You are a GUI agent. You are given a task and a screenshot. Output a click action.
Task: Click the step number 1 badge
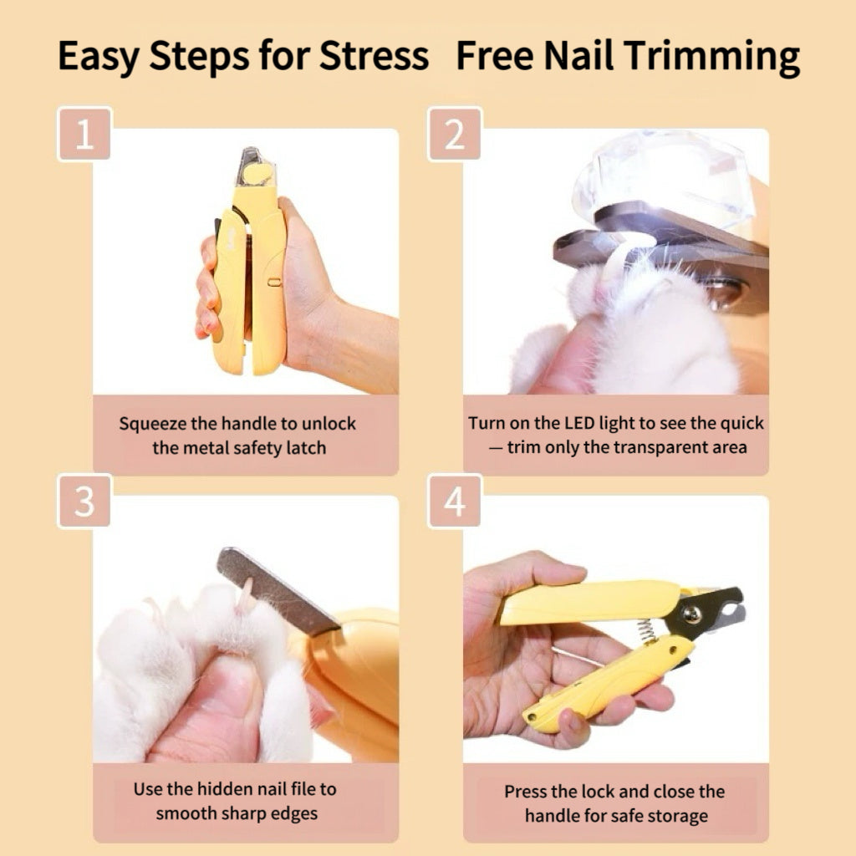tap(84, 134)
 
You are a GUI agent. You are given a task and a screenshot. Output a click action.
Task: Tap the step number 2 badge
tap(455, 134)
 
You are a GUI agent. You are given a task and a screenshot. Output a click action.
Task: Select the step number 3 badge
tap(84, 502)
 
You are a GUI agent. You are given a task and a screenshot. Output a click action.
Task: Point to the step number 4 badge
tap(455, 502)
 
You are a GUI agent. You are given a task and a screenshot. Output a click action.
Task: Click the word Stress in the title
tap(374, 55)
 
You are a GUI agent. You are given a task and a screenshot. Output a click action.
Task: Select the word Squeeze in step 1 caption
tap(153, 424)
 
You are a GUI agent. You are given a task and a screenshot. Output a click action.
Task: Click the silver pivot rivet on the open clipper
tap(692, 614)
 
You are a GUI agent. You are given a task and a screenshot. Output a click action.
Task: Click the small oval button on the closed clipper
tap(274, 282)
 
